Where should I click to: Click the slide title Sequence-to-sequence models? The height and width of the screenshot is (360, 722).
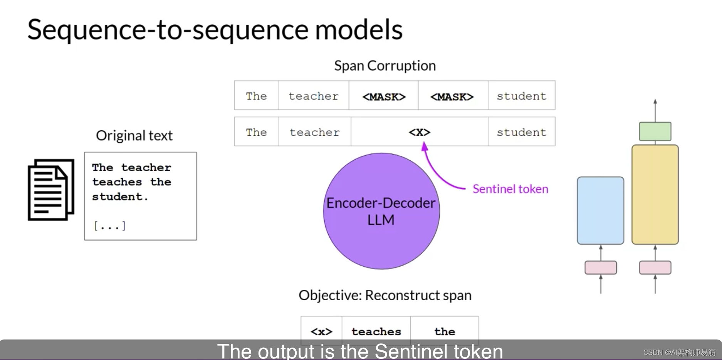pyautogui.click(x=215, y=30)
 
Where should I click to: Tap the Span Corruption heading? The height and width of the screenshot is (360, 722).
pyautogui.click(x=385, y=66)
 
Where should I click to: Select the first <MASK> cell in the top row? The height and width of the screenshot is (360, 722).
pyautogui.click(x=384, y=96)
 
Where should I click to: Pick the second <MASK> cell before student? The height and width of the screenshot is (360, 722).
pyautogui.click(x=452, y=96)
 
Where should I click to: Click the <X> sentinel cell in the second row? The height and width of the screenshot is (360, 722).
pyautogui.click(x=419, y=132)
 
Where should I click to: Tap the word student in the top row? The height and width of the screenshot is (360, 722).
pyautogui.click(x=521, y=96)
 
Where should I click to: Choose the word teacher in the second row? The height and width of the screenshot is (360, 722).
pyautogui.click(x=314, y=132)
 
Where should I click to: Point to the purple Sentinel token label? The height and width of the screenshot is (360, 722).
pyautogui.click(x=510, y=189)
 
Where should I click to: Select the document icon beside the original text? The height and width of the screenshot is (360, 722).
pyautogui.click(x=51, y=190)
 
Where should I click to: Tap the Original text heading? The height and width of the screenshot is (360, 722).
pyautogui.click(x=134, y=136)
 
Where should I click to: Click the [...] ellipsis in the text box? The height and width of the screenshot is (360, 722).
pyautogui.click(x=110, y=225)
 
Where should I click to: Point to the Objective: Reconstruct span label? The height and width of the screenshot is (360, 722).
pyautogui.click(x=385, y=295)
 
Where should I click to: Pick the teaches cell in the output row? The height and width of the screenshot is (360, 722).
pyautogui.click(x=376, y=331)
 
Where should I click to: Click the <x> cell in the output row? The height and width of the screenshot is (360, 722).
pyautogui.click(x=321, y=331)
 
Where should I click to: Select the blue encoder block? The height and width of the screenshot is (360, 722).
pyautogui.click(x=600, y=210)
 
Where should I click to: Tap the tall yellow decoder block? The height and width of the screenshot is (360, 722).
pyautogui.click(x=655, y=194)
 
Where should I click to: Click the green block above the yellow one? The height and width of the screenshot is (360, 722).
pyautogui.click(x=655, y=131)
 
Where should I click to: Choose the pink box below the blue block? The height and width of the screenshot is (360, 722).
pyautogui.click(x=601, y=267)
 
